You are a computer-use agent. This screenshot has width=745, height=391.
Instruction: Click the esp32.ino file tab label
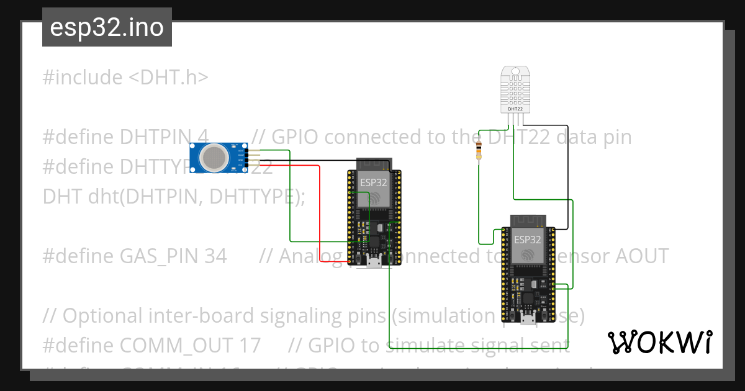107,28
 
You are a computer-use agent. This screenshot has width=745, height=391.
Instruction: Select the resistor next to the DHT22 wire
479,150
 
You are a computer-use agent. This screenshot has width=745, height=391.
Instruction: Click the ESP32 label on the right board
527,239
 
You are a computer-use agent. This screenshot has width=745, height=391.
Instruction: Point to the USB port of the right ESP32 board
528,320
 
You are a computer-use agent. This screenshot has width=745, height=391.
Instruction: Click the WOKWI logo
659,342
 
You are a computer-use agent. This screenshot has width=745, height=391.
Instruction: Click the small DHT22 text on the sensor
515,109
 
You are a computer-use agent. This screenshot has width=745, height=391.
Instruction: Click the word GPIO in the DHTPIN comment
294,137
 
